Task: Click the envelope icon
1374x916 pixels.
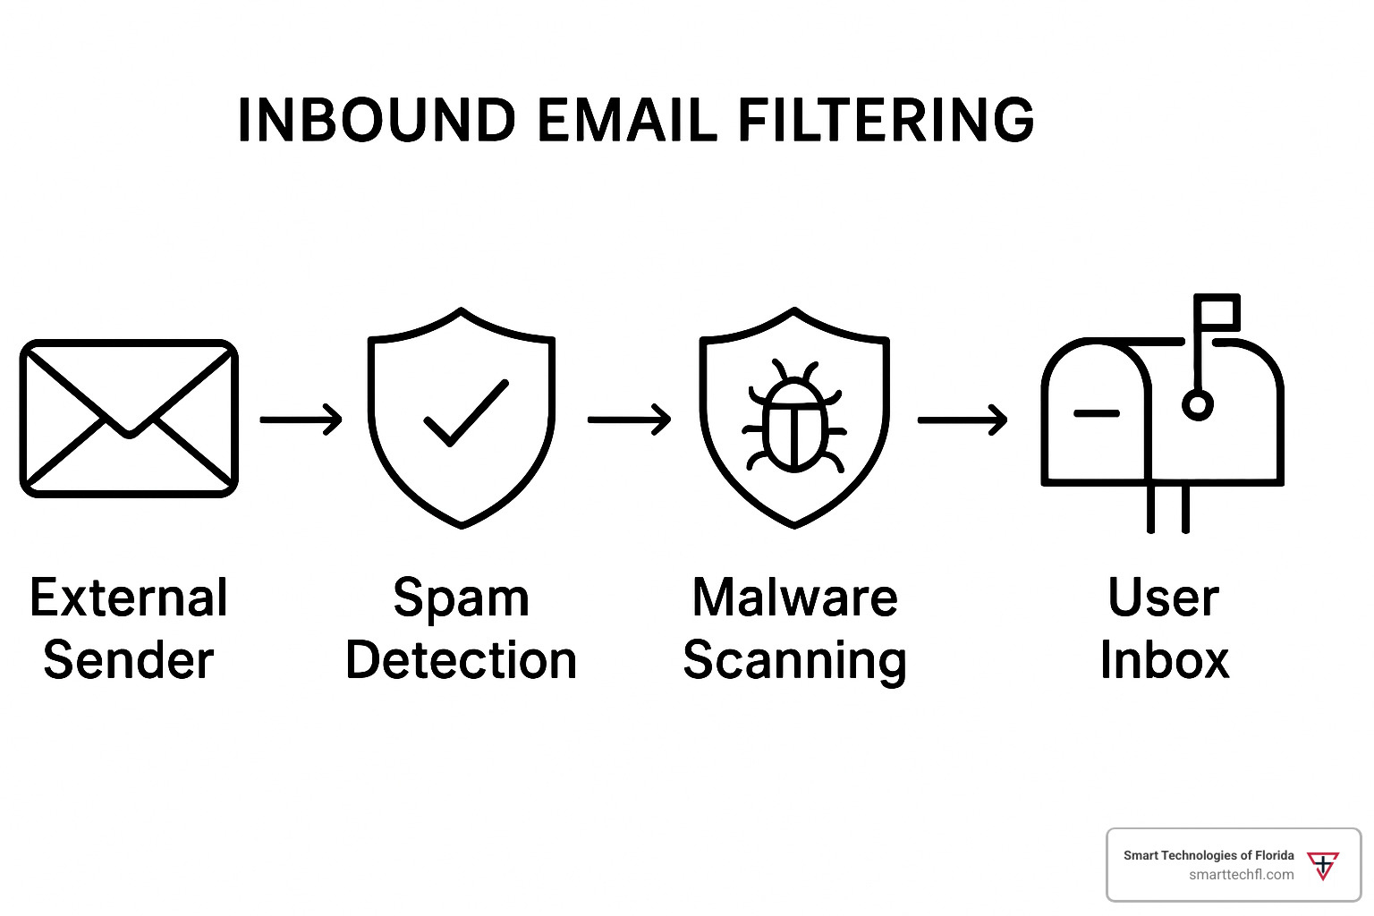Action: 129,418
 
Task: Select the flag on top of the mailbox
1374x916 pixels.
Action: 1217,312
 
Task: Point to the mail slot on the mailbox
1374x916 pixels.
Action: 1096,413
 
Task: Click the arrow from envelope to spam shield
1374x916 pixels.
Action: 301,419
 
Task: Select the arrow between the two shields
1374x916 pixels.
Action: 630,419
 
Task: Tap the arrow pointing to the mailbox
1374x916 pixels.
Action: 963,419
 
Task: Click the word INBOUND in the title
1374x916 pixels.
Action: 377,120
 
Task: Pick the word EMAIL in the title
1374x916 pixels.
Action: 627,120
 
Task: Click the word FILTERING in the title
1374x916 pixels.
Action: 886,120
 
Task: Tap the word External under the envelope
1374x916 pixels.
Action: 129,598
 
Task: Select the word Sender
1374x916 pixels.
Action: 129,660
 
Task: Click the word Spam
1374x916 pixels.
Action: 462,599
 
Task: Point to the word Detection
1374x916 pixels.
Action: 462,660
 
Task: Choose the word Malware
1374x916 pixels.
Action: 794,598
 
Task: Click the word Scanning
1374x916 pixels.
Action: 794,662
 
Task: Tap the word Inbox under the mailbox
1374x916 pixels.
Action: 1164,660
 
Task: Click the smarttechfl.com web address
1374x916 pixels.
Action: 1241,875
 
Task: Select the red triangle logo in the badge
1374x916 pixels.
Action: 1323,866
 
